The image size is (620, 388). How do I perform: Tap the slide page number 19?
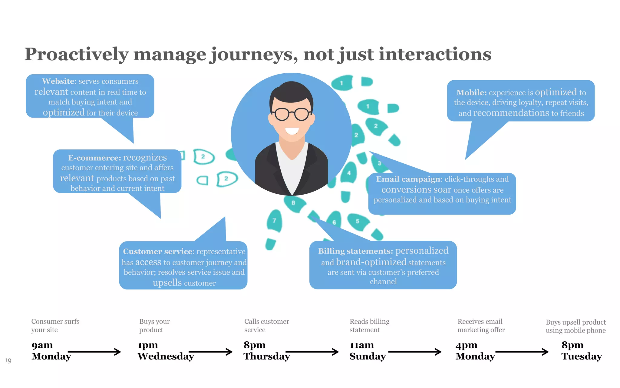[x=8, y=360]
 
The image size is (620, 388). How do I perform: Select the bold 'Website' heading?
[x=58, y=81]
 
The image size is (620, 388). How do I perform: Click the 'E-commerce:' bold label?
[x=94, y=158]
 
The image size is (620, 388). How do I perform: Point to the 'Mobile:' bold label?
[x=471, y=92]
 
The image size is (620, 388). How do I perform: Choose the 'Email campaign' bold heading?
[x=408, y=179]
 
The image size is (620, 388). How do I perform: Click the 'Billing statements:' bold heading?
[x=355, y=251]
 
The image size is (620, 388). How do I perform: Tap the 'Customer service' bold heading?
[x=158, y=252]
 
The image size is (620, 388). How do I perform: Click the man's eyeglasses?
[x=292, y=114]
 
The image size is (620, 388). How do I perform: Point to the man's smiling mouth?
[x=292, y=131]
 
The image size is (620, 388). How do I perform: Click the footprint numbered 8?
[x=293, y=203]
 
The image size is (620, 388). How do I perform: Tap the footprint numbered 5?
[x=358, y=221]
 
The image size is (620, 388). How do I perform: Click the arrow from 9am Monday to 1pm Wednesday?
[x=94, y=352]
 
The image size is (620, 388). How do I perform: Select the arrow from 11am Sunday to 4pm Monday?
[x=415, y=352]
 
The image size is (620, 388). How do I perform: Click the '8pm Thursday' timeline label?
[x=266, y=351]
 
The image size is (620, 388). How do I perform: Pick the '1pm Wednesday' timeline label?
[x=165, y=351]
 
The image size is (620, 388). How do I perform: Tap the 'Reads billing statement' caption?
[x=369, y=326]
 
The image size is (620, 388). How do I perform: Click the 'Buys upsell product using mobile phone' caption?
[x=575, y=326]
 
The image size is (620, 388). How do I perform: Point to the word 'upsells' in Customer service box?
[x=167, y=283]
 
